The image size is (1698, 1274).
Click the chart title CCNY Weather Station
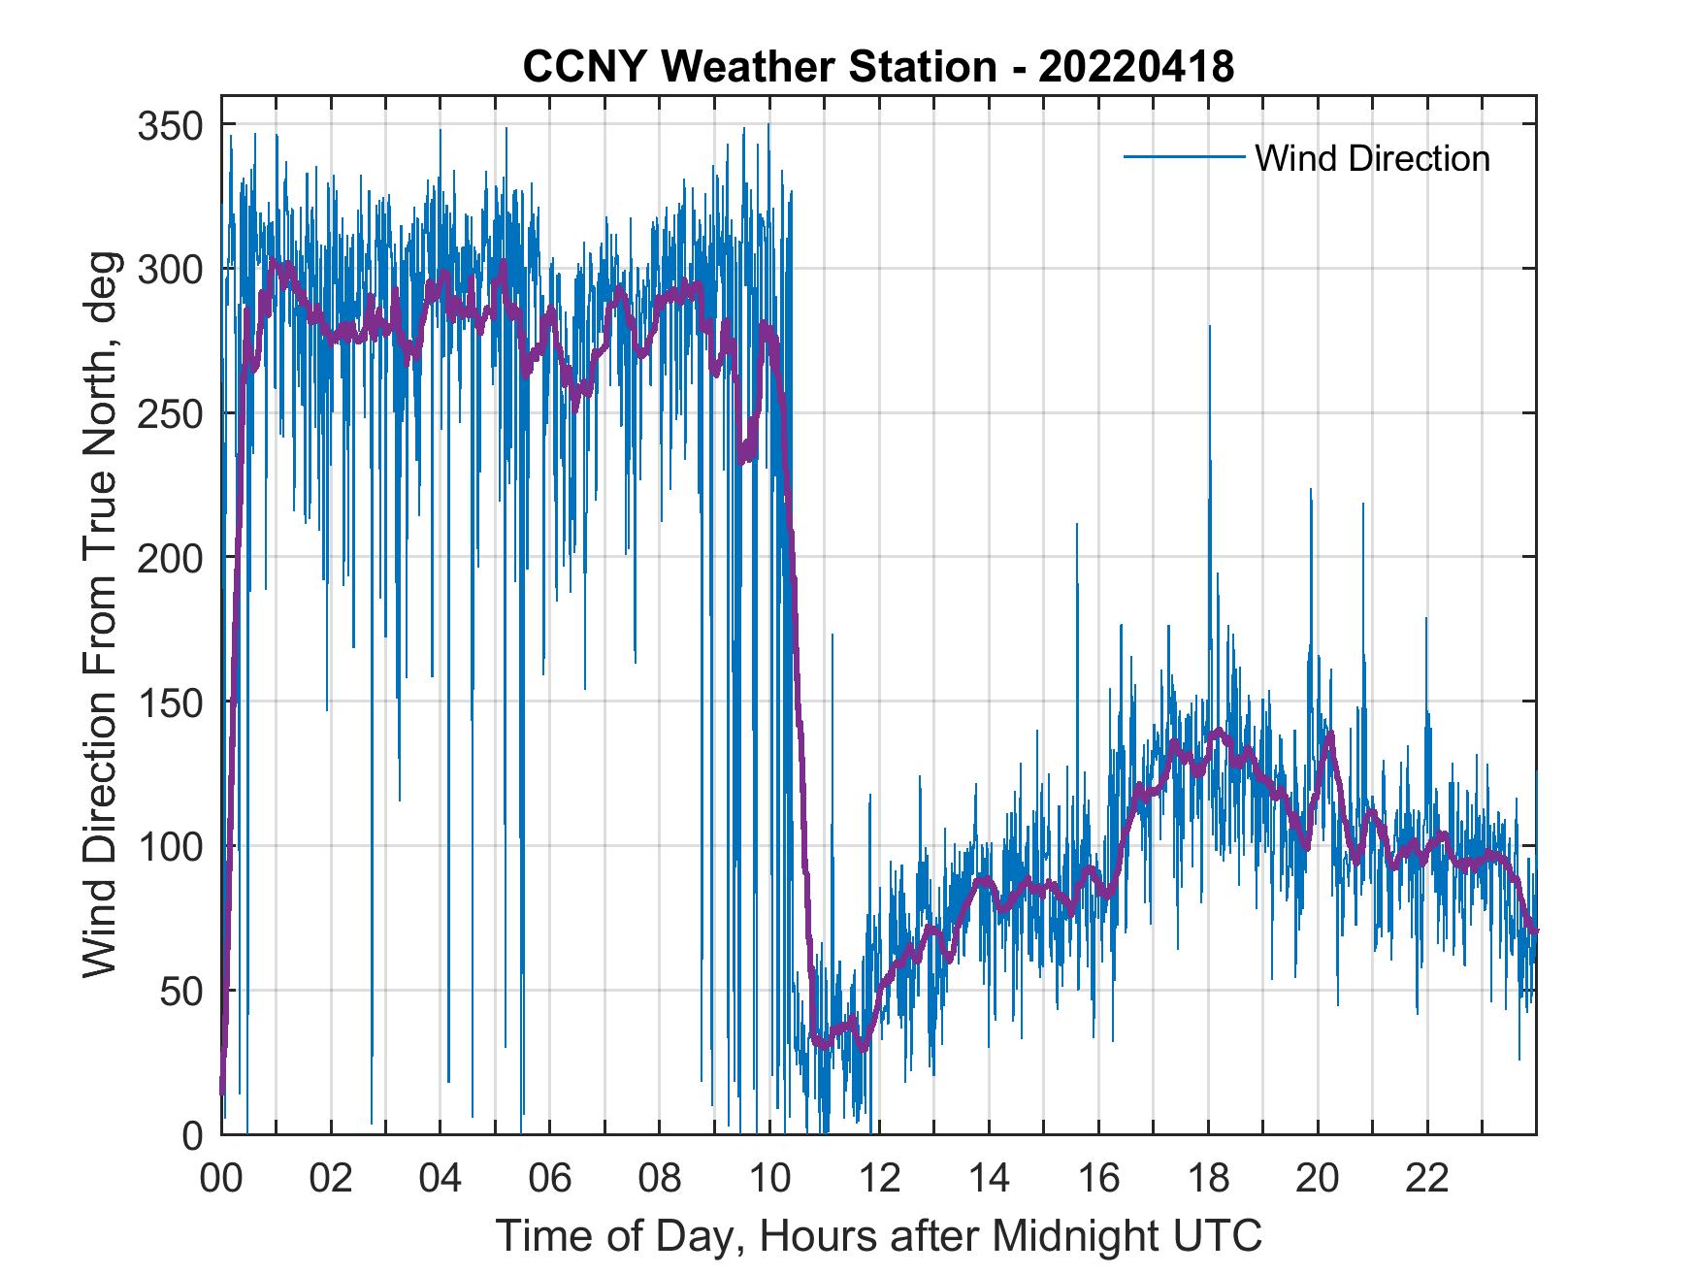coord(878,67)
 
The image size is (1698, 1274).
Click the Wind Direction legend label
coord(1372,158)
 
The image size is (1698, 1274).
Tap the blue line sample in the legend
coord(1183,157)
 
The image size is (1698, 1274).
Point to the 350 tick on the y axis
coord(172,125)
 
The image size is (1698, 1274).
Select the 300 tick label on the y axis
coord(172,270)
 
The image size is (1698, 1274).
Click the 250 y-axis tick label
coord(172,414)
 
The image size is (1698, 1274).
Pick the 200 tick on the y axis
coord(172,558)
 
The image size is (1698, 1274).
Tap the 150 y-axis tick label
coord(172,702)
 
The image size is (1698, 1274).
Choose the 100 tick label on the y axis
coord(172,846)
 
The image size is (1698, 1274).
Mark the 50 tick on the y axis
coord(182,991)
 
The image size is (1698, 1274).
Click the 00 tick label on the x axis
coord(221,1179)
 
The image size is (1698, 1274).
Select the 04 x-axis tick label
coord(441,1179)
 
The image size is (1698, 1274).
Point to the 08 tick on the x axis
coord(660,1179)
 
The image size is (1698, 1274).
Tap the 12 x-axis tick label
coord(879,1179)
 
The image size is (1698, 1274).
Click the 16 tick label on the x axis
coord(1098,1179)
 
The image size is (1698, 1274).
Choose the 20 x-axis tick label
coord(1318,1179)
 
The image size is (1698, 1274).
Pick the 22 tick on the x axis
coord(1427,1179)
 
